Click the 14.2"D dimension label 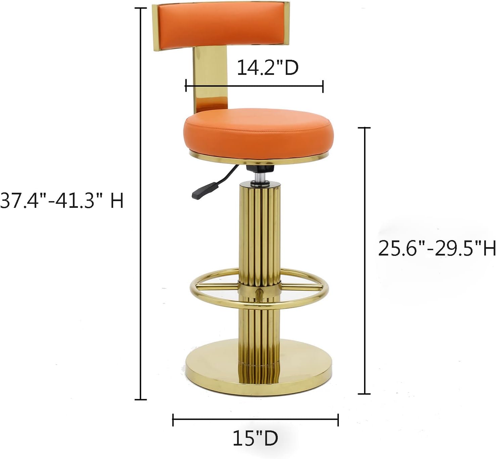click(268, 68)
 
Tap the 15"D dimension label click(255, 438)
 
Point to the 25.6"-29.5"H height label click(437, 248)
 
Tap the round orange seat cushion click(259, 133)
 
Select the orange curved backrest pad click(221, 25)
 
